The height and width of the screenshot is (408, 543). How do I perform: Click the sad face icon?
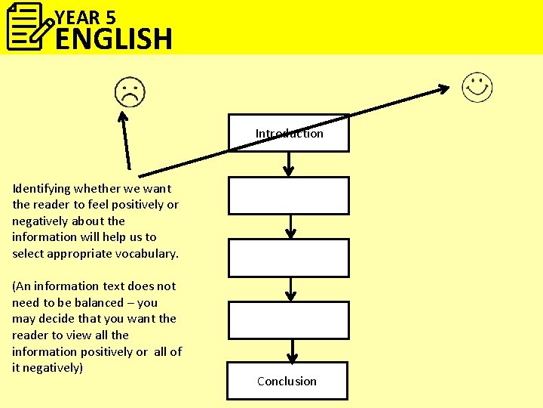coord(130,93)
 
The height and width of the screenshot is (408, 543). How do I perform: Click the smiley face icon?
coord(477,88)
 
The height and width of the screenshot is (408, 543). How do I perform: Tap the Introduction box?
coord(289,133)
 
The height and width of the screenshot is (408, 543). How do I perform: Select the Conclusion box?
coord(287,381)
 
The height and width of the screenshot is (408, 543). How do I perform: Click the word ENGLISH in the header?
coord(114,39)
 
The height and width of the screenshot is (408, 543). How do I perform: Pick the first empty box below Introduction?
coord(289,196)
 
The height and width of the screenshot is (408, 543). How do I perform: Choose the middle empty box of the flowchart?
coord(289,258)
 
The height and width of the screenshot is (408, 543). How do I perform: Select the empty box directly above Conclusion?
coord(289,320)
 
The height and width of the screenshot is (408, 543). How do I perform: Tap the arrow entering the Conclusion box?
coord(292,351)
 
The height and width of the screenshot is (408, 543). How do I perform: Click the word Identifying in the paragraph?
coord(41,188)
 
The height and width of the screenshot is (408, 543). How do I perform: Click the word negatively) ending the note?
coord(54,368)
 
